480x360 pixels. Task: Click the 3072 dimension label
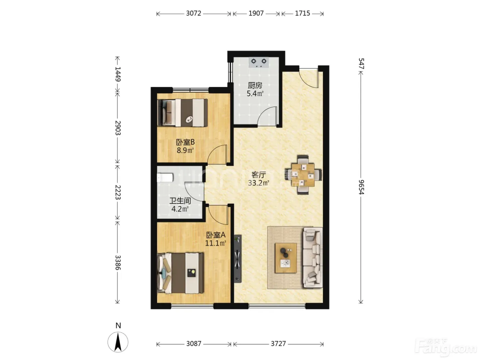click(x=193, y=13)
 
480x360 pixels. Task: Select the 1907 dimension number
click(x=256, y=13)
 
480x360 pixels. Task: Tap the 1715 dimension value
click(x=302, y=13)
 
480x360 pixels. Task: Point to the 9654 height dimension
click(x=361, y=187)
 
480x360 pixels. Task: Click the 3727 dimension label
click(x=278, y=344)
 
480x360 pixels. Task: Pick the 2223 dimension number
click(x=118, y=192)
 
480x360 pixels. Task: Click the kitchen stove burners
click(x=259, y=62)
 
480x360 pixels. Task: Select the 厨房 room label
click(x=255, y=85)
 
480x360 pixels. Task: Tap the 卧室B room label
click(x=185, y=142)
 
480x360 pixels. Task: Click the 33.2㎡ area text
click(x=259, y=183)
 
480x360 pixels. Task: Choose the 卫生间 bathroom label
click(x=180, y=201)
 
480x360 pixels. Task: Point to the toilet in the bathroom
click(x=165, y=178)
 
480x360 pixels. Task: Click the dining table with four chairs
click(x=303, y=175)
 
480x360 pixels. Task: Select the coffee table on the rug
click(x=286, y=258)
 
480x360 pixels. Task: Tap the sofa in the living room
click(x=313, y=257)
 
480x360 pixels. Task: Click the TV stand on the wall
click(x=238, y=259)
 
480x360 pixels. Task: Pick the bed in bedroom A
click(x=181, y=273)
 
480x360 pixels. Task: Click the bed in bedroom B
click(x=182, y=113)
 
